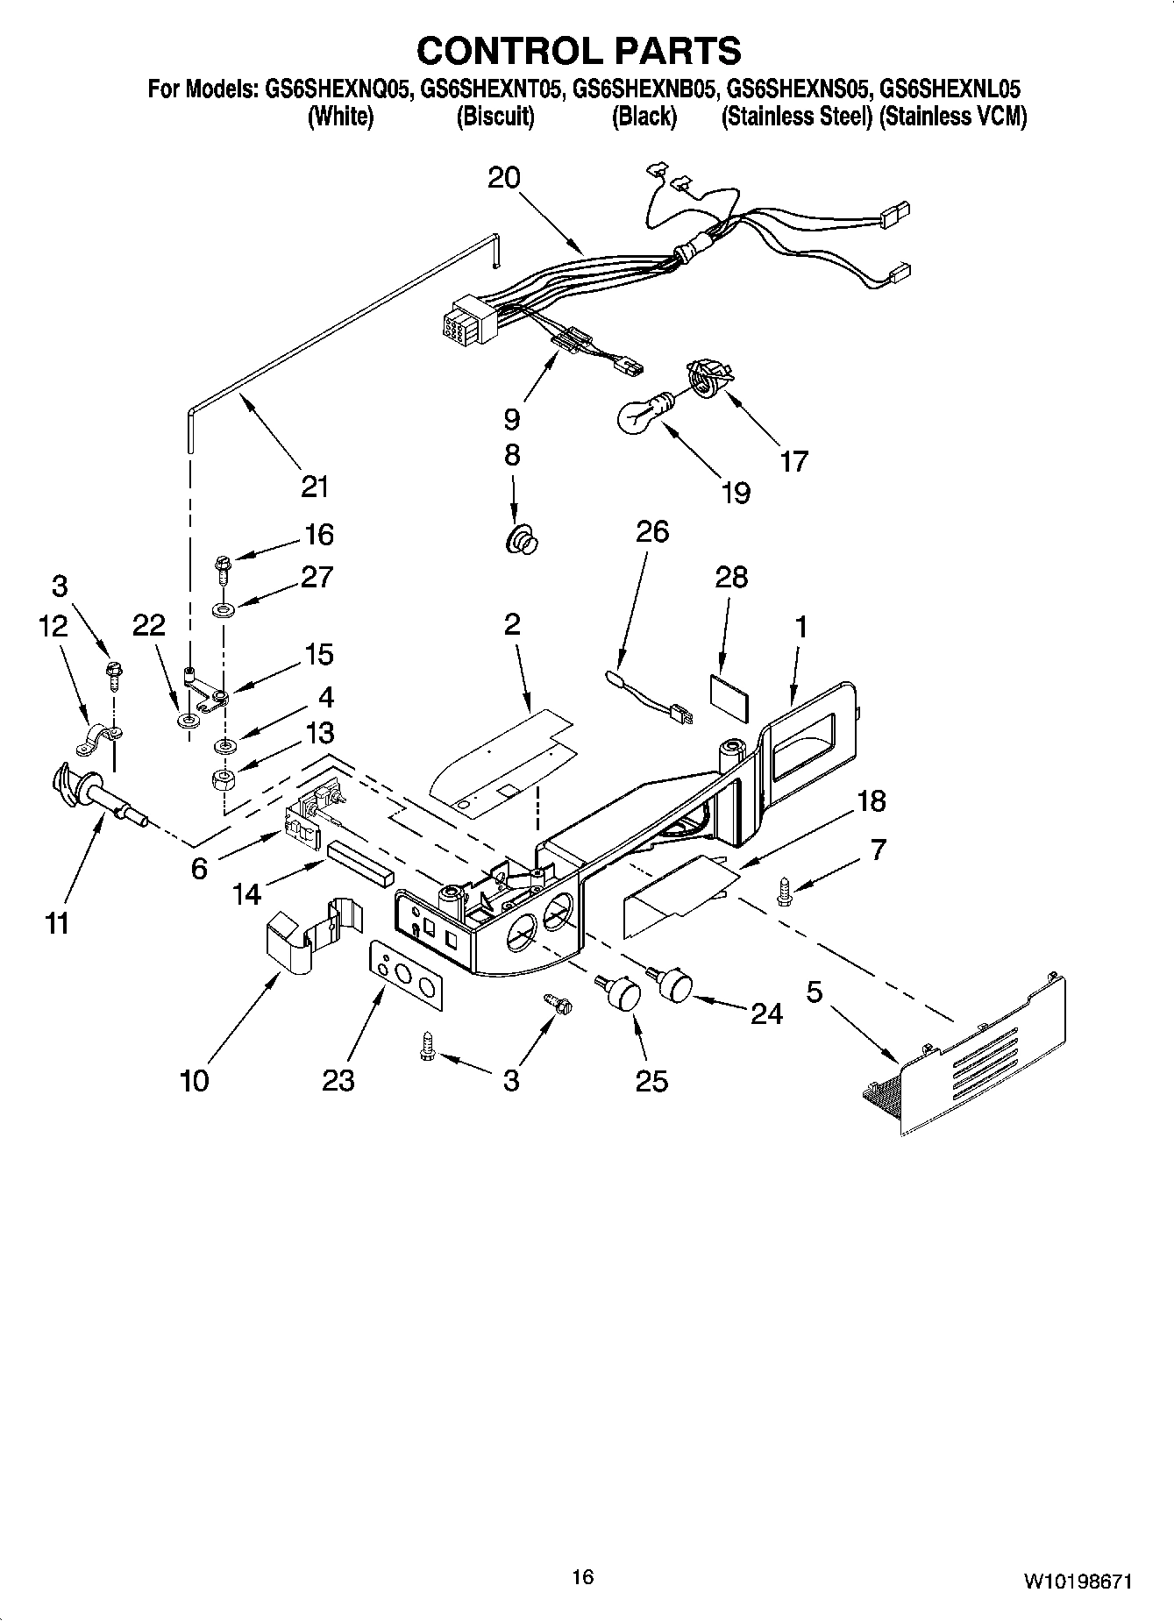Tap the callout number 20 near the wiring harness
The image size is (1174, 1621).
503,178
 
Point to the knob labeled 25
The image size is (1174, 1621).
620,993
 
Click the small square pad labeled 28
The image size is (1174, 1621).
730,699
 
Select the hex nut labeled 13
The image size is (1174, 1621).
224,779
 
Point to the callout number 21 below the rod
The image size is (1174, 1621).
314,486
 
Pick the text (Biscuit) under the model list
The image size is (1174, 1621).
495,117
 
